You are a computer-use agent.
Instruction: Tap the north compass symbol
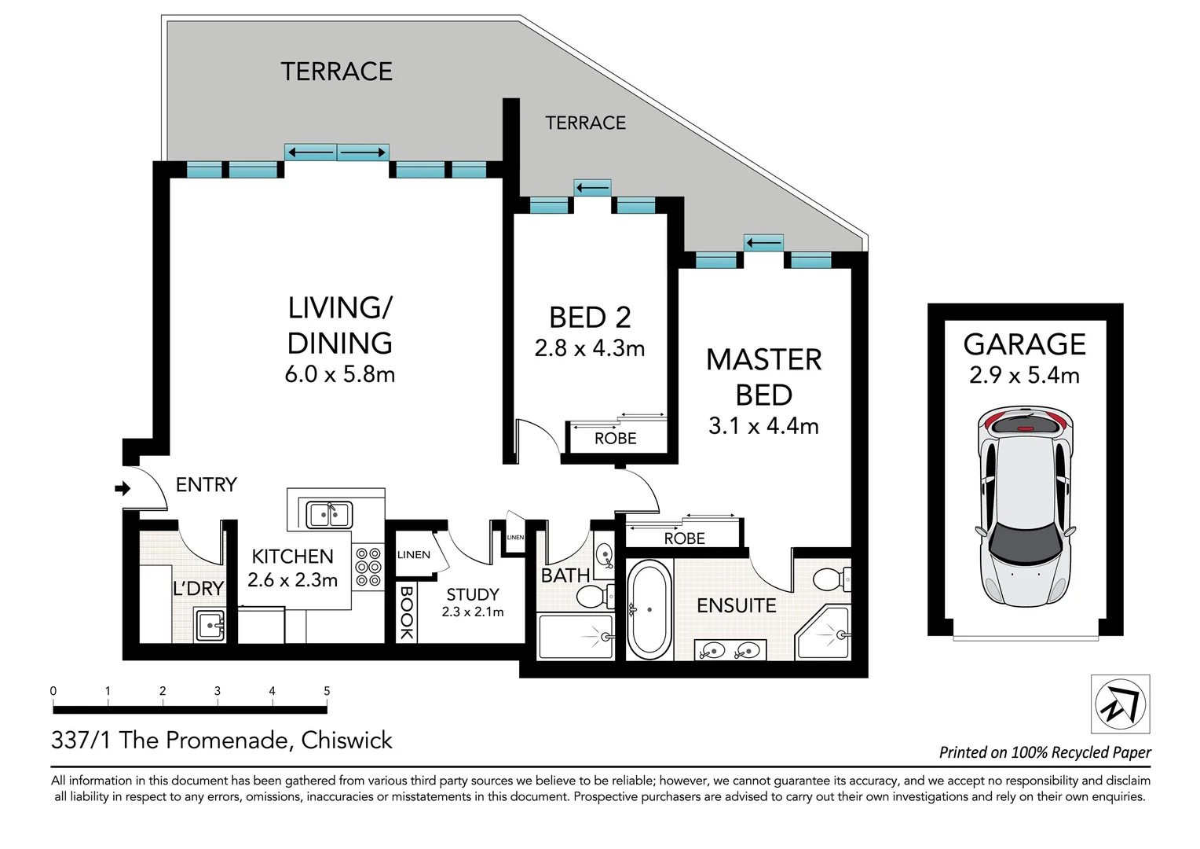pos(1120,704)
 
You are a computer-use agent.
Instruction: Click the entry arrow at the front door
pos(123,488)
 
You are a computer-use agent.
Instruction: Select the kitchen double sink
pos(329,515)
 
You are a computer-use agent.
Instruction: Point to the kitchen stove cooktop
pos(368,568)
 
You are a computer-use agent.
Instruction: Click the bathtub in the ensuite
pos(649,609)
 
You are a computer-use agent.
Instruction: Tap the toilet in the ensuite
pos(832,579)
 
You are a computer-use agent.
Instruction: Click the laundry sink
pos(210,625)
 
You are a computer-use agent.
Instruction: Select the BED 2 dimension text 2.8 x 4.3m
pos(589,348)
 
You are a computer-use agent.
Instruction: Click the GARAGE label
pos(1024,344)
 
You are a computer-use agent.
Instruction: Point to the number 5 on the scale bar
pos(327,691)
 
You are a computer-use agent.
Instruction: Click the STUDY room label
pos(473,594)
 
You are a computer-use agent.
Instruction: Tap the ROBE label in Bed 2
pos(616,438)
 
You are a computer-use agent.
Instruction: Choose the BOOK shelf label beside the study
pos(406,612)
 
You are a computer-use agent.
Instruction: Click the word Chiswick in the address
pos(346,741)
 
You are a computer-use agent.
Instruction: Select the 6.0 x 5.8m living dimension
pos(339,374)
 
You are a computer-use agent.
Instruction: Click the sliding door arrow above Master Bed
pos(763,244)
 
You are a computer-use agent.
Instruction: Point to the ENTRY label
pos(207,485)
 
